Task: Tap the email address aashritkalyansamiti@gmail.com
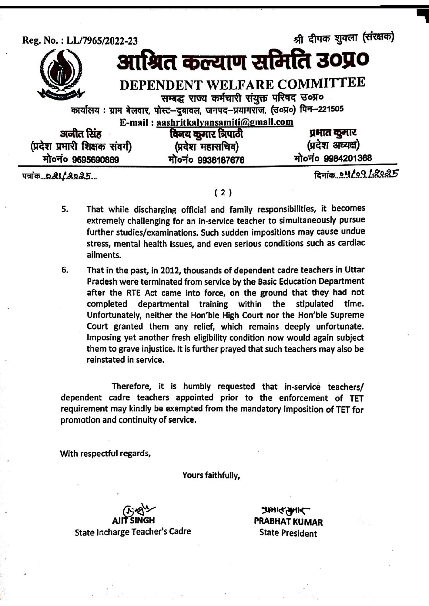tap(225, 122)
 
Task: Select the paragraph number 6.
tap(65, 271)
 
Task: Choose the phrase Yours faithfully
tap(211, 475)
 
